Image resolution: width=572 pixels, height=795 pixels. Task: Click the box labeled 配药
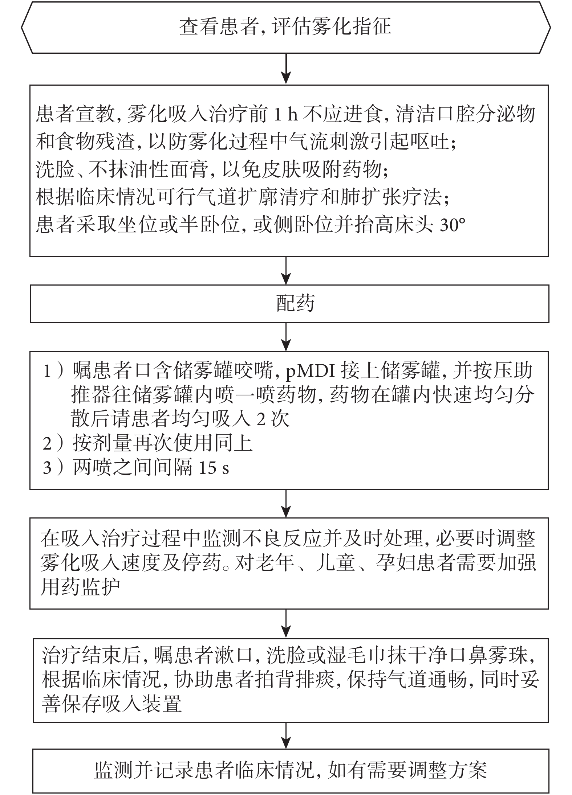(289, 304)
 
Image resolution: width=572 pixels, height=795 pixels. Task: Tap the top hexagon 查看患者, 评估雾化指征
(286, 27)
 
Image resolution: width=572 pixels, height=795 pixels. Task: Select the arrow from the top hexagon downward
(287, 69)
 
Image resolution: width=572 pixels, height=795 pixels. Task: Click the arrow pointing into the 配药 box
(287, 271)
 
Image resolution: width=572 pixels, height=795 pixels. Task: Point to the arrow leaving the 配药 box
(287, 337)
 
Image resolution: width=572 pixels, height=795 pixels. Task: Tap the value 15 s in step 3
(214, 468)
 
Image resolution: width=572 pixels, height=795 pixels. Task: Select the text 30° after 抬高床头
(452, 226)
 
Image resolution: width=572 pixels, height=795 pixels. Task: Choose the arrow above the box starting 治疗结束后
(287, 623)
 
